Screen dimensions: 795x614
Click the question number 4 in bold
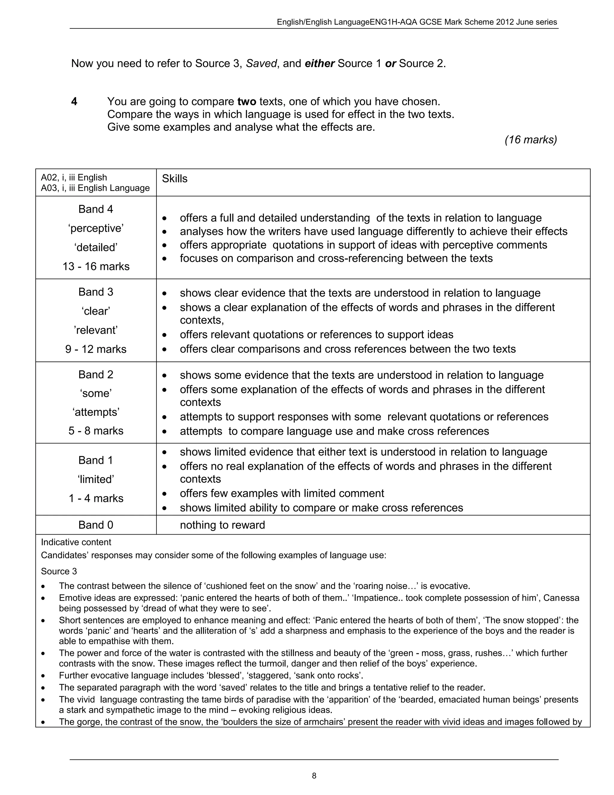pos(74,102)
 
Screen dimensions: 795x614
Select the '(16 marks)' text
pos(530,140)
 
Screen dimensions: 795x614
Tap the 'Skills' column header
pos(174,179)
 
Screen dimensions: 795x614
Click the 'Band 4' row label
pos(96,209)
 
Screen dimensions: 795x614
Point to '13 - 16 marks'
pos(96,266)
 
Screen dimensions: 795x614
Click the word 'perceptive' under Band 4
pos(96,228)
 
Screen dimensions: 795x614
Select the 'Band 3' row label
pos(96,292)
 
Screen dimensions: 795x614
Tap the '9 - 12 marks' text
pos(96,349)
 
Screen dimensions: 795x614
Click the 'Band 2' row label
pos(96,375)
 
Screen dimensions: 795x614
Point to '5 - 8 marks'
pos(96,431)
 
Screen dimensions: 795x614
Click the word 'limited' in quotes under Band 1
pos(96,479)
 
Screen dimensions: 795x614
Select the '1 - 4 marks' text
pos(96,498)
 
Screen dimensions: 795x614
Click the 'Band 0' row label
pos(96,525)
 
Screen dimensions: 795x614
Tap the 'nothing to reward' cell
pos(222,525)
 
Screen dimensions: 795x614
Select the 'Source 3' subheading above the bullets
pos(59,571)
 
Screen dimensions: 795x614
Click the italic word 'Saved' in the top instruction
pos(261,64)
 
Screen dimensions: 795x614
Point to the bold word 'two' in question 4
pos(247,102)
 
